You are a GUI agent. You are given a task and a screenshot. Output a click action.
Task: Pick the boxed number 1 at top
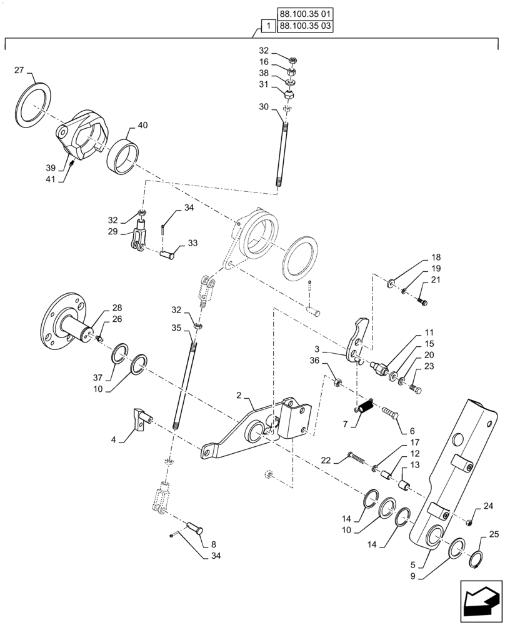click(267, 26)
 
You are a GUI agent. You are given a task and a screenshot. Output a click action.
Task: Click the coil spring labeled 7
click(366, 407)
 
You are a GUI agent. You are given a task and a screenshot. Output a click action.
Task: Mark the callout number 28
click(117, 307)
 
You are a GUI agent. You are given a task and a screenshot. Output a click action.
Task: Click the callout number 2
click(239, 396)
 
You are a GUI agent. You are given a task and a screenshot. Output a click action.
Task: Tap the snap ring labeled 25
click(476, 555)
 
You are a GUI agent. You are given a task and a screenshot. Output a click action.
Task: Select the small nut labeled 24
click(469, 522)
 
